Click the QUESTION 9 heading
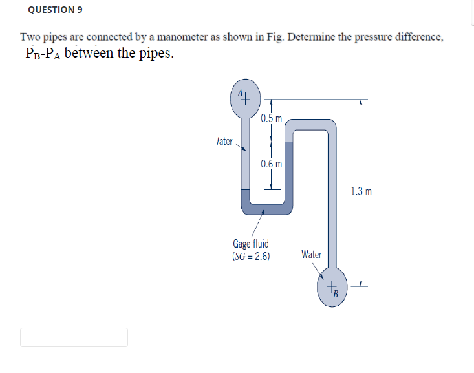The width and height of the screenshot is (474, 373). pos(56,10)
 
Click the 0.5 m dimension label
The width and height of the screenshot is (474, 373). pos(272,118)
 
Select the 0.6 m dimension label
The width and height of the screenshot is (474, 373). pos(272,164)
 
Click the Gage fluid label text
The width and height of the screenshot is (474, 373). pos(251,244)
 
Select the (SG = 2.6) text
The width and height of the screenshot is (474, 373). pos(251,255)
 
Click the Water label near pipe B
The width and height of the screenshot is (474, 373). pos(311,255)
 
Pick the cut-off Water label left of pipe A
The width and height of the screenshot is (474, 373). pos(224,141)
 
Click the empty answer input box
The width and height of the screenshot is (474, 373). pos(74,337)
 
